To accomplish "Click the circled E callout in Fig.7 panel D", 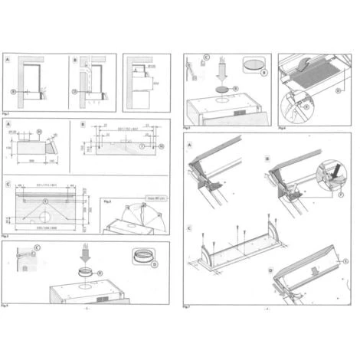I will point(345,261).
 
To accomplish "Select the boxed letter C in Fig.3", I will point(8,185).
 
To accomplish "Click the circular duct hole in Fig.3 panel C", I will point(45,201).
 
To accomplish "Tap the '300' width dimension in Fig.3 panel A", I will point(31,162).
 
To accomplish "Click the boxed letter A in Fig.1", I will point(8,59).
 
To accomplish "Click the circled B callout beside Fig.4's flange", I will point(154,265).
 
